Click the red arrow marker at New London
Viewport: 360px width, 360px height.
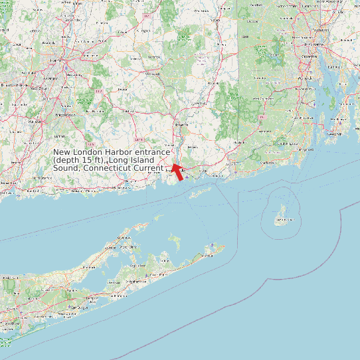coord(177,171)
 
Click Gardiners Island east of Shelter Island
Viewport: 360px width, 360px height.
coord(175,238)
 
